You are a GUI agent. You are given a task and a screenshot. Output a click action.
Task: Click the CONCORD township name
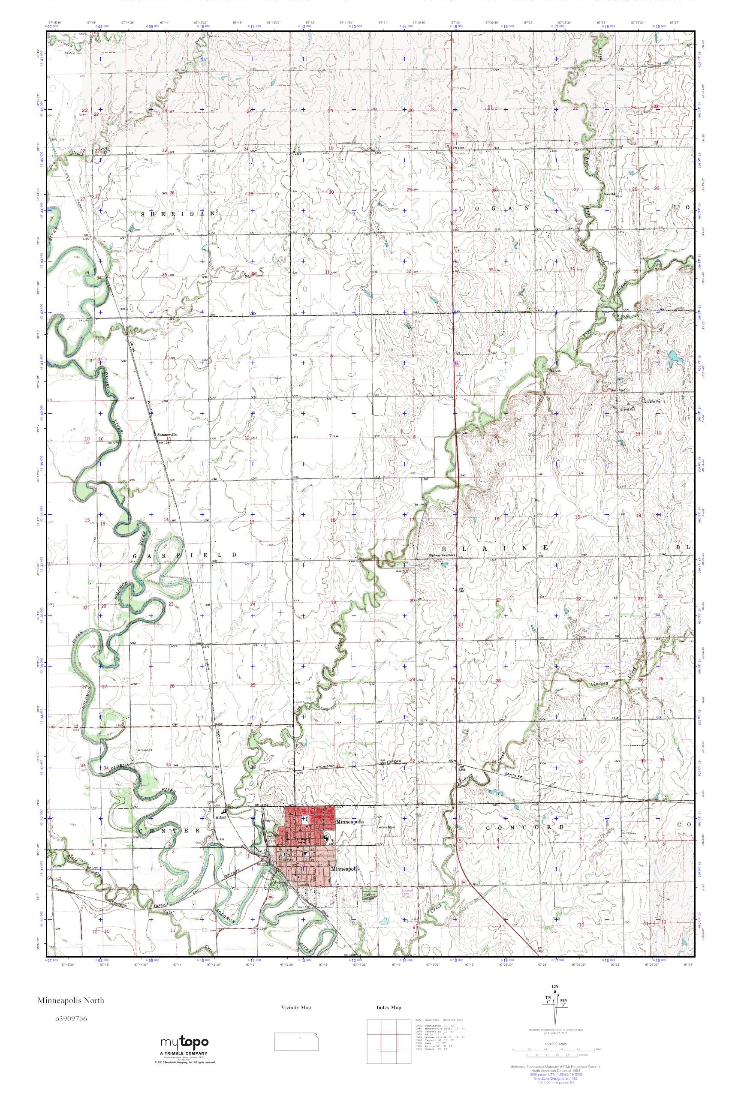(x=524, y=827)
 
